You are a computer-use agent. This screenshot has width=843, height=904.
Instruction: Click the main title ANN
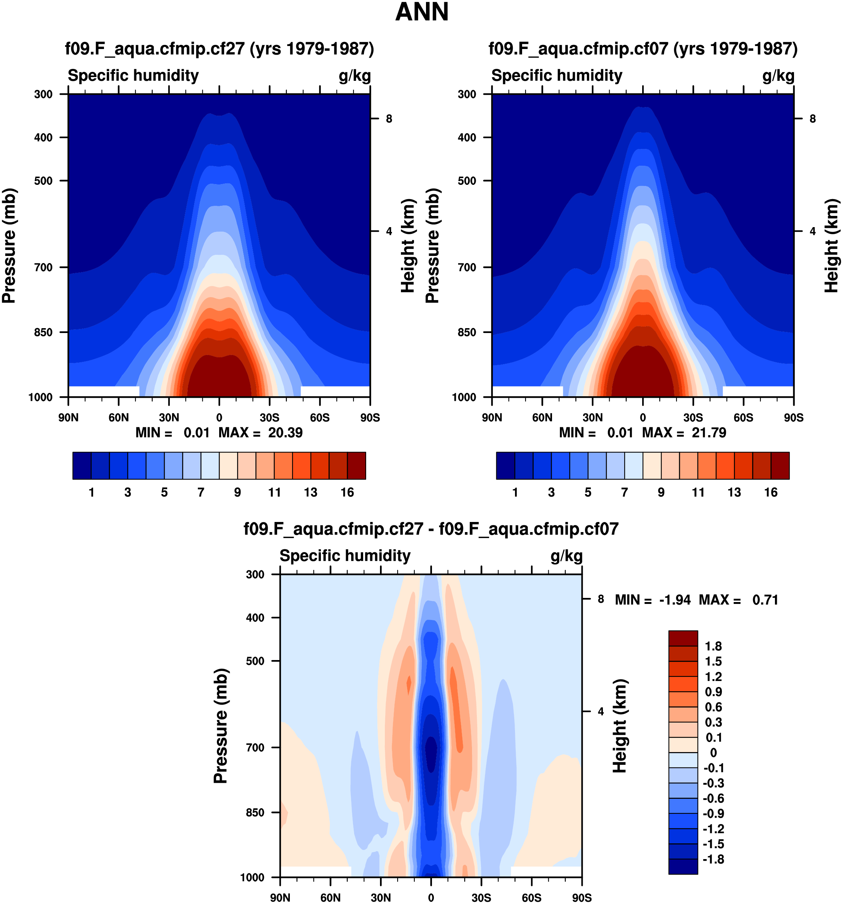(x=422, y=12)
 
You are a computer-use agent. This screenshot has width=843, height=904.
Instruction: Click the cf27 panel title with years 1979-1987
(x=220, y=49)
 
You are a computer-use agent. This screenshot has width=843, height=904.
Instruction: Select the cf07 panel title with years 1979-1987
(x=643, y=49)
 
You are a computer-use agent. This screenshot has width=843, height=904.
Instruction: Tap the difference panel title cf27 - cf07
(x=431, y=529)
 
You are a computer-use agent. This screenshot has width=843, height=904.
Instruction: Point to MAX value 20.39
(x=285, y=433)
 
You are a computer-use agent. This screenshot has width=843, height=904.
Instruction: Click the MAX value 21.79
(x=708, y=433)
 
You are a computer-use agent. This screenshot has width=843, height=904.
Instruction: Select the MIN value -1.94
(x=675, y=600)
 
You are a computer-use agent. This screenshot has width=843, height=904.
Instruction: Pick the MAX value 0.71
(x=765, y=600)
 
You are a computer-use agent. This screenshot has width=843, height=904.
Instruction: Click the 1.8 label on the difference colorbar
(x=713, y=646)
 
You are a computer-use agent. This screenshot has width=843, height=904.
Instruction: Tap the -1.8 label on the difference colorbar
(x=713, y=859)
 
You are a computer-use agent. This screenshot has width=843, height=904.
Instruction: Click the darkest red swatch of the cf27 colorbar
(x=356, y=465)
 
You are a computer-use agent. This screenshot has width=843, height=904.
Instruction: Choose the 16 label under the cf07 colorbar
(x=771, y=492)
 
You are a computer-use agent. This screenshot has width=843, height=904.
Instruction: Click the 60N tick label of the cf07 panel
(x=542, y=418)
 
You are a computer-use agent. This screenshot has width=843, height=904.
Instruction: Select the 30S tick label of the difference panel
(x=481, y=898)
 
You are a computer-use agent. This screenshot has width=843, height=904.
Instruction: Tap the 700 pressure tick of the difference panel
(x=255, y=747)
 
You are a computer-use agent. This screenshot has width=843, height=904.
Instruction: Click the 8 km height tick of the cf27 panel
(x=389, y=119)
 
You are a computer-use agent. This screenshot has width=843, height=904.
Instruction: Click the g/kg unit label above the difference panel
(x=566, y=556)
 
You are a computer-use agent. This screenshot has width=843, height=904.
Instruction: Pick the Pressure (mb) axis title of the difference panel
(x=220, y=726)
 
